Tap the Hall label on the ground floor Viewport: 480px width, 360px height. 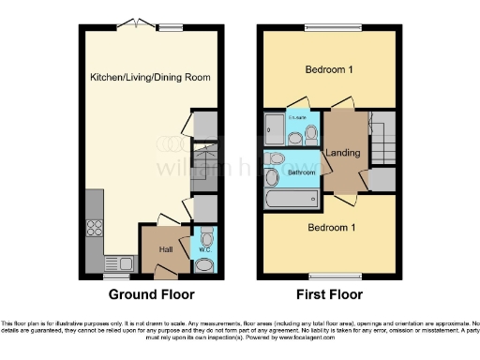point(165,249)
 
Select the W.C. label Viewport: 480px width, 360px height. point(205,250)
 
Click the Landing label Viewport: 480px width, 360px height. point(337,154)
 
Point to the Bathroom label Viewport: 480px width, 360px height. point(301,172)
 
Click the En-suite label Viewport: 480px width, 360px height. point(297,117)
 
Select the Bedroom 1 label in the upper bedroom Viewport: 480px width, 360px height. point(328,70)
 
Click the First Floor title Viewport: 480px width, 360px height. point(328,294)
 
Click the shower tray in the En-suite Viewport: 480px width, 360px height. point(276,128)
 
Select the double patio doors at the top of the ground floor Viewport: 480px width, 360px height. point(136,25)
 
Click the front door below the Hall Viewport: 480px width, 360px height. point(165,274)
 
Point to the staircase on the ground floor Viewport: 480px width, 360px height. point(203,162)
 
